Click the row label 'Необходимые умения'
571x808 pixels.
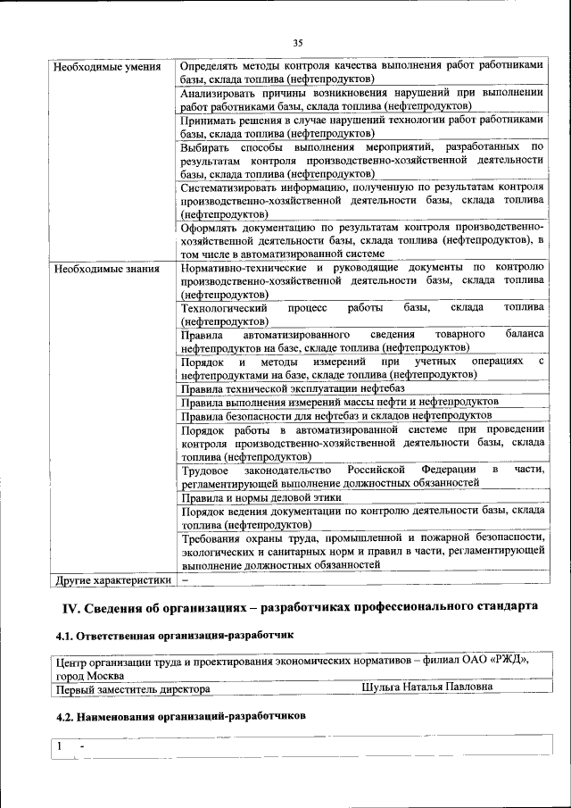107,67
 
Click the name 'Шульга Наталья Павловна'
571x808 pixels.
427,687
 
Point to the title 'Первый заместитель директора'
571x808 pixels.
133,689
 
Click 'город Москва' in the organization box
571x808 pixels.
89,675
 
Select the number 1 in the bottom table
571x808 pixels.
59,745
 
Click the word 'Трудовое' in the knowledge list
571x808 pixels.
205,470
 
